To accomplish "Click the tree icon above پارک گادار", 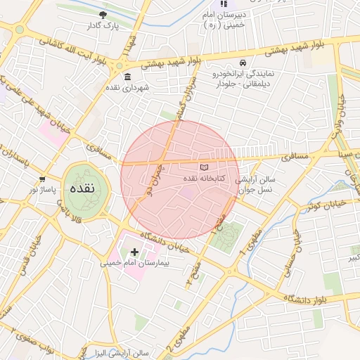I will (x=104, y=14).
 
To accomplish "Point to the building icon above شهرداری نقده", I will (x=127, y=77).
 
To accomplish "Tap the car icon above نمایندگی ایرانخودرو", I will (x=243, y=62).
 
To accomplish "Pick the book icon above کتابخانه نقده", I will (x=205, y=167).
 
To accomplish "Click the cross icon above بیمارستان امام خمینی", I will (x=134, y=251).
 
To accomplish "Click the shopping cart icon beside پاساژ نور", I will (x=43, y=179).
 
